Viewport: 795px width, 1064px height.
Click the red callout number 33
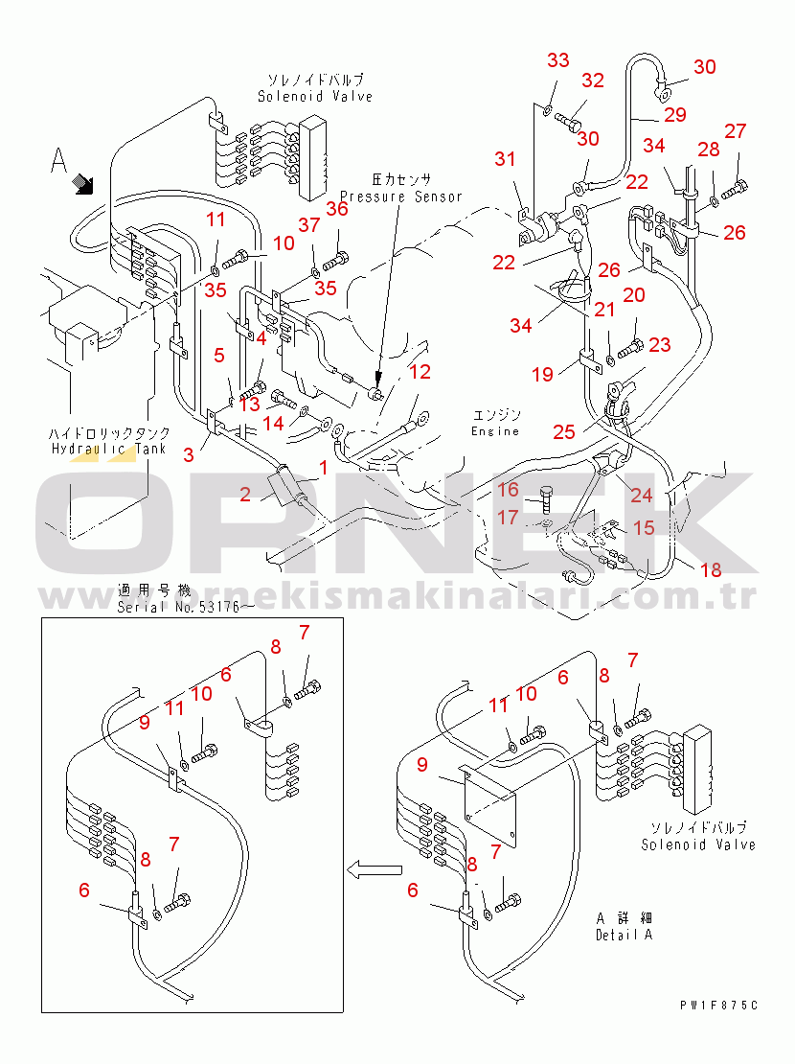tap(558, 59)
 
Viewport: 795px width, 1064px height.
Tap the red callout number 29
tap(675, 114)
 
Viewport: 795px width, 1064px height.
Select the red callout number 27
tap(736, 131)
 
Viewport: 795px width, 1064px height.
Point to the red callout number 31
tap(505, 159)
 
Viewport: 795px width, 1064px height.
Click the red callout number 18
tap(711, 570)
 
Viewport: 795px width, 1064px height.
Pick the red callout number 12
tap(420, 371)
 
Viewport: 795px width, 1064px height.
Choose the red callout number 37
tap(309, 224)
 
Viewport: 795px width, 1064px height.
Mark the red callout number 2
tap(245, 494)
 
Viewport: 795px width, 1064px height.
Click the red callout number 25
tap(564, 431)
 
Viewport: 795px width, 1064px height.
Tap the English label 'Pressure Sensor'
tap(401, 197)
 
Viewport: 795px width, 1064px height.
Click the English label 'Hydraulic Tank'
tap(108, 449)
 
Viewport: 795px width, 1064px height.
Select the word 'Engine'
tap(495, 431)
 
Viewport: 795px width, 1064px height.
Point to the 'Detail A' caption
tap(625, 935)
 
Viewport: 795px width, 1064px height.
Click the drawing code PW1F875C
tap(719, 1005)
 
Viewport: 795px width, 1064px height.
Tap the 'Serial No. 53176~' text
tap(185, 607)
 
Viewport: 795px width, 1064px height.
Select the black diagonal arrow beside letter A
tap(82, 183)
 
